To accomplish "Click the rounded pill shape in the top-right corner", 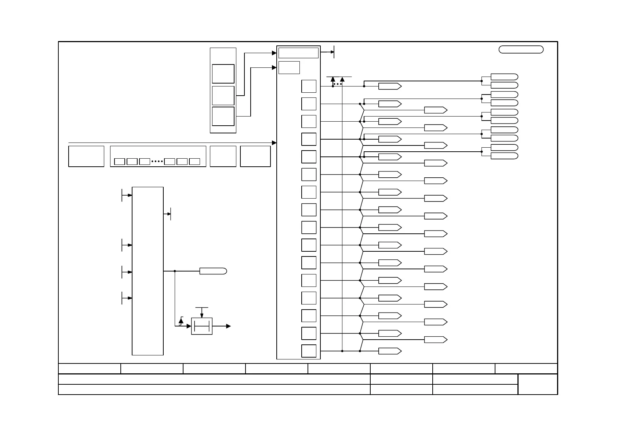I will (x=521, y=50).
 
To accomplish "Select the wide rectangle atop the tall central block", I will (x=298, y=53).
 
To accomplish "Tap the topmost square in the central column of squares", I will (x=309, y=86).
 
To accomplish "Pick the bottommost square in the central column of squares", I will (x=309, y=351).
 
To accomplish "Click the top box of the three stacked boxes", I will (x=223, y=74).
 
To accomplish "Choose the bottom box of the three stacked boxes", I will (x=223, y=116).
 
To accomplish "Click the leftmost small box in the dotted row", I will (x=120, y=162).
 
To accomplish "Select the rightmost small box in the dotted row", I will (x=195, y=162).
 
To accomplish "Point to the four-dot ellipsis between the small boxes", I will (x=157, y=162).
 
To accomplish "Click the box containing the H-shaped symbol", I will (x=202, y=326).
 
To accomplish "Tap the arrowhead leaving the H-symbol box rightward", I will (x=228, y=326).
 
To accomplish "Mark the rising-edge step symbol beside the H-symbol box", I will (x=181, y=321).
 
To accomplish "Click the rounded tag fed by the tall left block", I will (x=213, y=271).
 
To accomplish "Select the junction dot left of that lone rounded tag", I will (x=175, y=271).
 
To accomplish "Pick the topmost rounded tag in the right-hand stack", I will (x=504, y=77).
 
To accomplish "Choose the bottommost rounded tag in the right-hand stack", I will (x=504, y=156).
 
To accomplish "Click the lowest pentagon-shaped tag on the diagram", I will (x=390, y=351).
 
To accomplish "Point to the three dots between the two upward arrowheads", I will (x=338, y=84).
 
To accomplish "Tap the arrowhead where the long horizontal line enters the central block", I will (x=274, y=143).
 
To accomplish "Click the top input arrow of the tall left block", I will (x=130, y=195).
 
